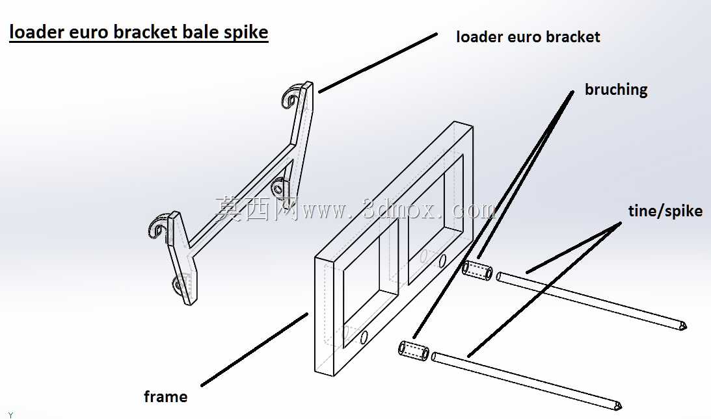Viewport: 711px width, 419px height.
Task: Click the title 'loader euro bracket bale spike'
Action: (x=139, y=32)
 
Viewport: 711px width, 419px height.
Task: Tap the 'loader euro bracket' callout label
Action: (x=528, y=36)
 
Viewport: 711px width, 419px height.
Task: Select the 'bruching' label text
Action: (x=616, y=89)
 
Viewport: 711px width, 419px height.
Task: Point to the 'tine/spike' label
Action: (x=665, y=210)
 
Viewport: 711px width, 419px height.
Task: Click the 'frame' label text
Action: (x=165, y=397)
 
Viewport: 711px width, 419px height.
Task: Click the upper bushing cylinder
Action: (x=477, y=270)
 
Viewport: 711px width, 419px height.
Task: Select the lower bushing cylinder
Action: (x=414, y=349)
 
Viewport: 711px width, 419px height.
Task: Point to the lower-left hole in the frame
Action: (x=364, y=337)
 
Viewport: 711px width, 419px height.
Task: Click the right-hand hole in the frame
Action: (x=442, y=260)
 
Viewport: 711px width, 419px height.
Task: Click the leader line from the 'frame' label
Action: (x=254, y=349)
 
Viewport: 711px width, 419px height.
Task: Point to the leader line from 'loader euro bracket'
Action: (x=378, y=62)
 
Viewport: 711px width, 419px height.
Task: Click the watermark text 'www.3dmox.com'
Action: (x=399, y=210)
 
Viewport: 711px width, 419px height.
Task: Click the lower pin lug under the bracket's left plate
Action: (x=179, y=284)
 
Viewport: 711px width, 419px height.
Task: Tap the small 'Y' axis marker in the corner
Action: (x=11, y=415)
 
